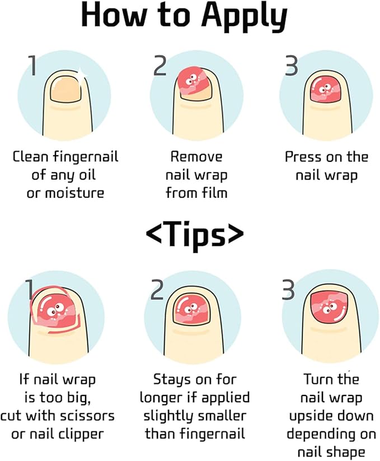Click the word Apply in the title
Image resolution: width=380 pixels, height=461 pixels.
pos(245,17)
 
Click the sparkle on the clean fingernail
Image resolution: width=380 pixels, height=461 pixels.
pos(81,73)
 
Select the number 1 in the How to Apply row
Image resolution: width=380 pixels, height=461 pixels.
pos(34,66)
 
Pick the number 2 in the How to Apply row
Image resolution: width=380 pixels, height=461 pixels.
pos(159,66)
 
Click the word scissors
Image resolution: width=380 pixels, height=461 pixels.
pos(88,416)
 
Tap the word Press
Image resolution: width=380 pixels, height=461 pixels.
pos(304,157)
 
